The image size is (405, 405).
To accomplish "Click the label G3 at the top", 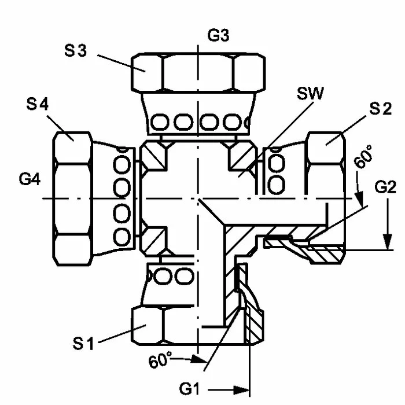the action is (218, 36).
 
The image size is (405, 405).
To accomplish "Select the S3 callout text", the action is (75, 50).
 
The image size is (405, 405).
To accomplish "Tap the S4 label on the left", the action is (37, 104).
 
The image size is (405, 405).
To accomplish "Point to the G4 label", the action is (30, 179).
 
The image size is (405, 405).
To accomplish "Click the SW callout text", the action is (310, 93).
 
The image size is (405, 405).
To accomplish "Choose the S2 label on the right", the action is (381, 109).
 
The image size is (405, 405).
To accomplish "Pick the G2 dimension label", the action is (385, 187).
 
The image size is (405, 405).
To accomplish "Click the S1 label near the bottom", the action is (83, 344).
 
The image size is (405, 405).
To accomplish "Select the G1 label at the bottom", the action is (189, 389).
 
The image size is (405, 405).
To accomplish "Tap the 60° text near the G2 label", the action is (363, 157).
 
